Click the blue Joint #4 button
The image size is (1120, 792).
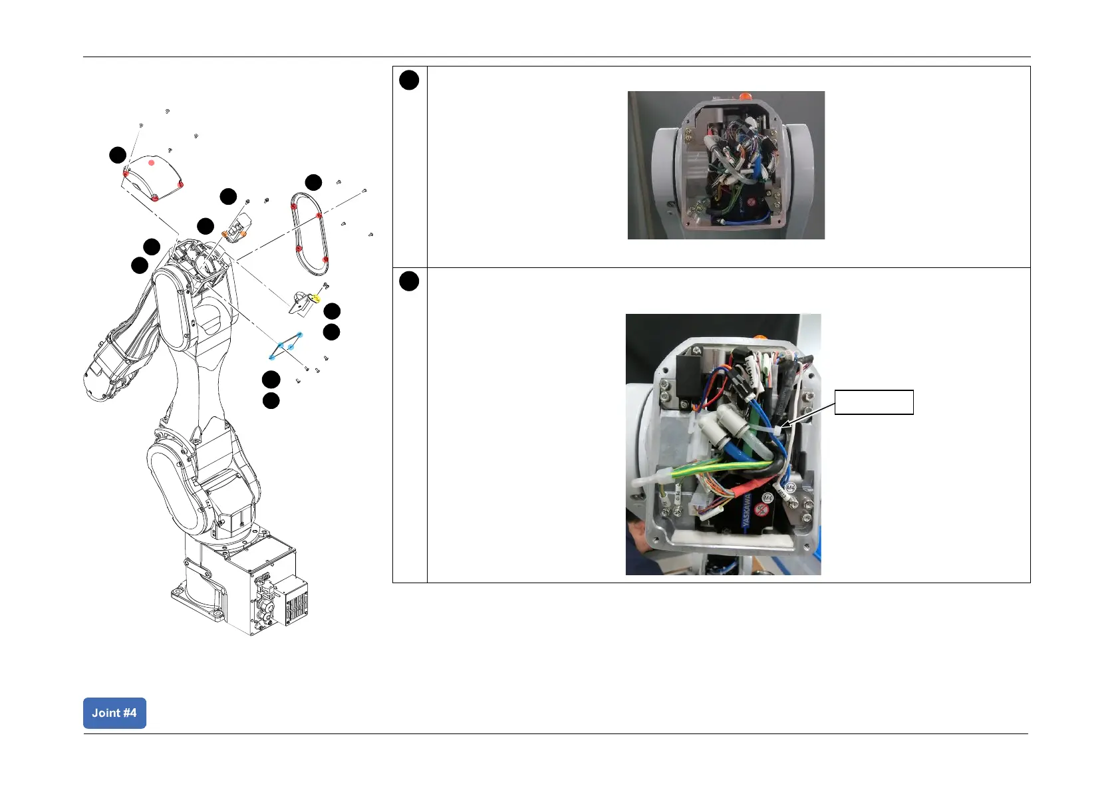pyautogui.click(x=114, y=713)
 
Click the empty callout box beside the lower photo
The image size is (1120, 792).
pyautogui.click(x=873, y=402)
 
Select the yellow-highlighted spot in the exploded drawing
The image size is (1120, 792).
pyautogui.click(x=316, y=299)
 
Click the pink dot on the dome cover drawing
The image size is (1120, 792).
pyautogui.click(x=152, y=162)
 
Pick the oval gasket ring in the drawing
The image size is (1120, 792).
pyautogui.click(x=309, y=233)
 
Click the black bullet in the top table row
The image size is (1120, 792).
pyautogui.click(x=409, y=80)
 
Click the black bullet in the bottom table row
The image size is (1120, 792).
pyautogui.click(x=409, y=281)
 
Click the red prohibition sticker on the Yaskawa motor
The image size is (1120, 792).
pyautogui.click(x=763, y=511)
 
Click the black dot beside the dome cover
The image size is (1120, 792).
pyautogui.click(x=118, y=155)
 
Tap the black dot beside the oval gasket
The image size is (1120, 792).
pyautogui.click(x=313, y=182)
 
